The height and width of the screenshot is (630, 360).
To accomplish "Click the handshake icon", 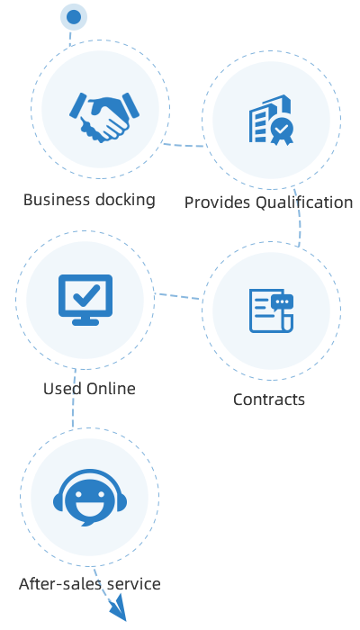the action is pos(104,117).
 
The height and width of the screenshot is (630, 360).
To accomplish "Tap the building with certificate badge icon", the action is pos(271,120).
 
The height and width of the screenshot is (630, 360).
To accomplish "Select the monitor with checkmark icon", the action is pos(85,300).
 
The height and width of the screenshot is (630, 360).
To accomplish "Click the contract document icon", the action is pos(271,310).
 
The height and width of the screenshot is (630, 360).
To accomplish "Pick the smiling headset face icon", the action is pos(90,498).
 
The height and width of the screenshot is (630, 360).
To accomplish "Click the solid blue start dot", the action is pos(74,17).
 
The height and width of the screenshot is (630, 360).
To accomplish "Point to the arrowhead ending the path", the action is pos(120,608).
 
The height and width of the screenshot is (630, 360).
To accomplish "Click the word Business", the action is pos(56,200).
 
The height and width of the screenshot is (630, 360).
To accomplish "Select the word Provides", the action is pos(218,202).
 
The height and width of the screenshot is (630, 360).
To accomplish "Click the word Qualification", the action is pos(304,202).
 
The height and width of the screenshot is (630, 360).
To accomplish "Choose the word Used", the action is pos(62,389).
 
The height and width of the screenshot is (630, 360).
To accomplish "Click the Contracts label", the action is pos(269,400).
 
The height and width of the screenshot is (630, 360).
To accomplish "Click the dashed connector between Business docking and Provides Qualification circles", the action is pos(184,145).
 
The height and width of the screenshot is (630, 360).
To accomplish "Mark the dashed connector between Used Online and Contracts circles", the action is pos(178,296).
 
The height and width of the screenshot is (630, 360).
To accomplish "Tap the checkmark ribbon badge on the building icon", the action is pos(282,131).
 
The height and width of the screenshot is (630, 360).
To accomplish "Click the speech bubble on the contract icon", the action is pos(283,302).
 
